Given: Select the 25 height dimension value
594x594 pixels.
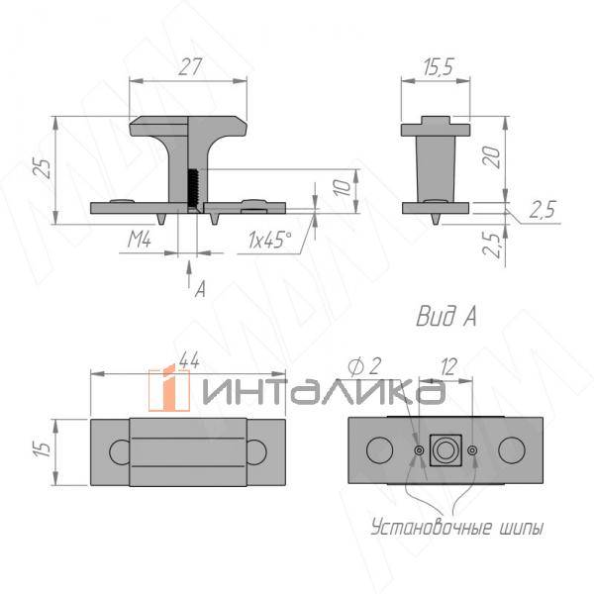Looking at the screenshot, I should pos(41,165).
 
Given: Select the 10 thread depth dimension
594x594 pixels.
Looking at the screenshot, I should pos(339,188).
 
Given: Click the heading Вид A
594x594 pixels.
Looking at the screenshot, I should pos(445,317).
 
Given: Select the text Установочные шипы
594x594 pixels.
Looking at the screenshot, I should pos(456,527).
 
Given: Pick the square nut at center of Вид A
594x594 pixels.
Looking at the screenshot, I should pos(445,450).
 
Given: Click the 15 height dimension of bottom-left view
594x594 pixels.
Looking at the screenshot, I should pos(41,450).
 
